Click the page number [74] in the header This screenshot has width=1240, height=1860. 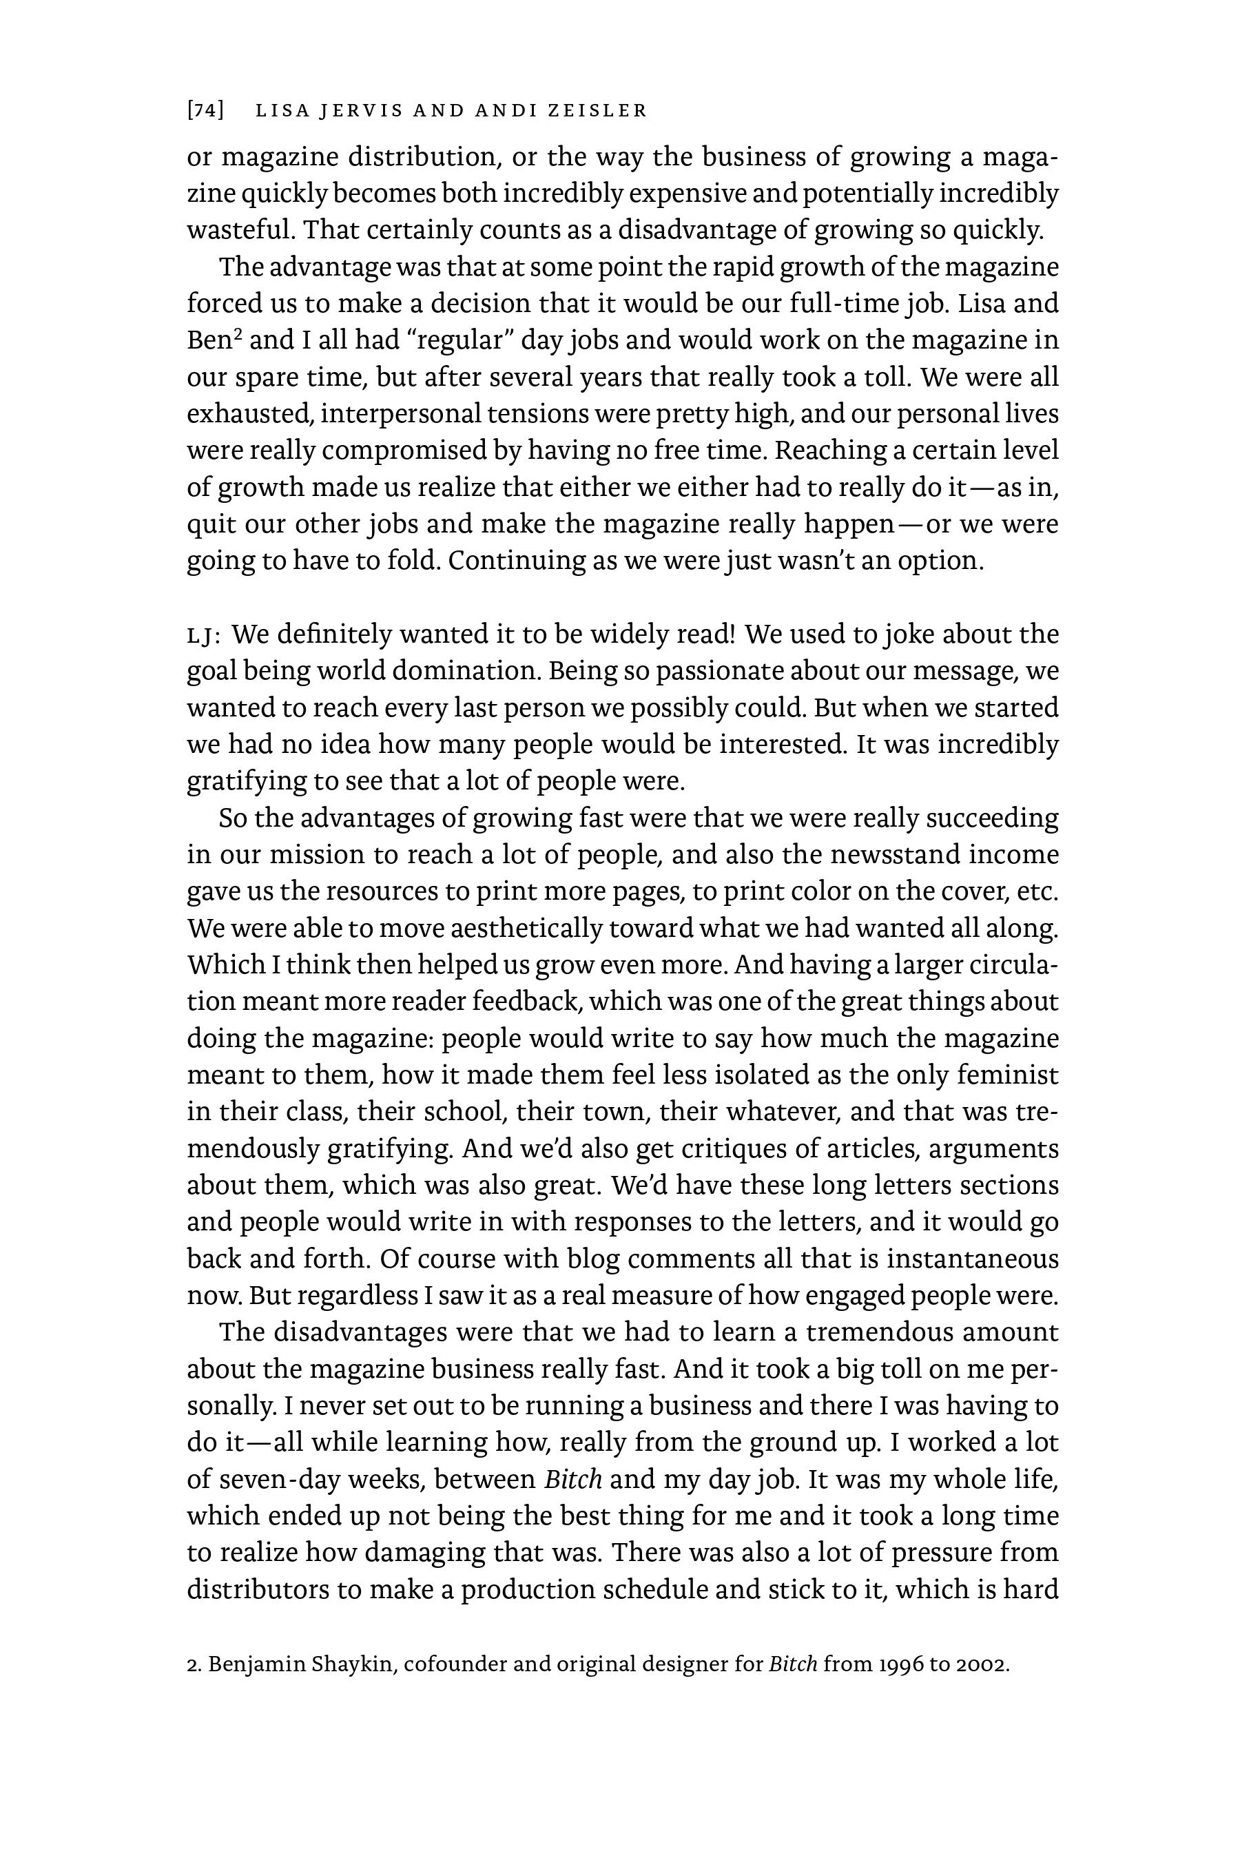(x=205, y=111)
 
